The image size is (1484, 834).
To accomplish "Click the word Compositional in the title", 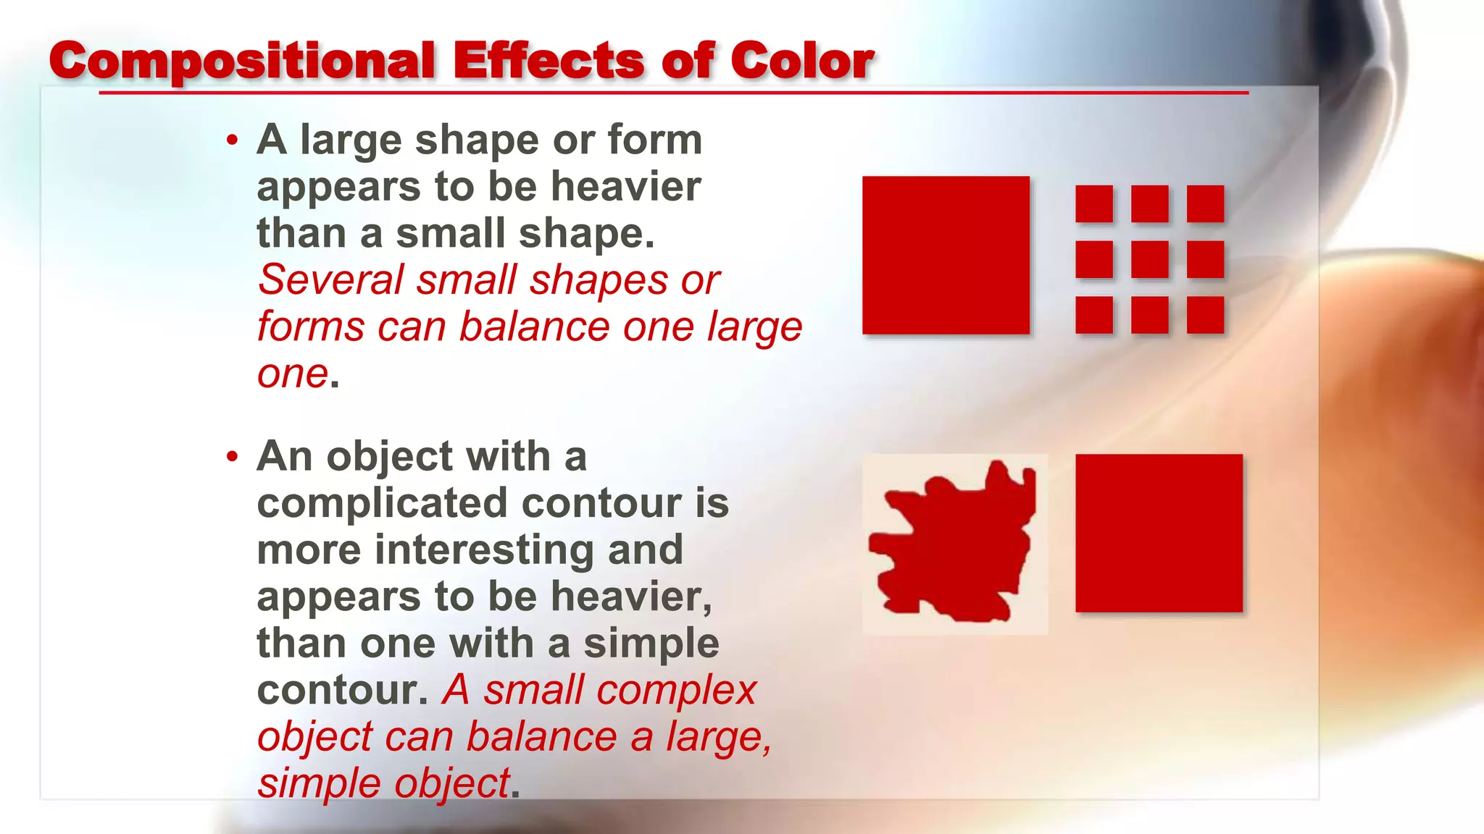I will pyautogui.click(x=241, y=61).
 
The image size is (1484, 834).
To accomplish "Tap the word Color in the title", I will pyautogui.click(x=801, y=61).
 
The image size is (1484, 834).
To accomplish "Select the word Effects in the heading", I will pyautogui.click(x=549, y=61).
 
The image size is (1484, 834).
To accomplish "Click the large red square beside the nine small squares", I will pyautogui.click(x=946, y=255).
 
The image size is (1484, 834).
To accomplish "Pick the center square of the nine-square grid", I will pyautogui.click(x=1149, y=259).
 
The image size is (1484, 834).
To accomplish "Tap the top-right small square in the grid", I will pyautogui.click(x=1205, y=203).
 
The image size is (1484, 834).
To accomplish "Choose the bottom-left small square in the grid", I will pyautogui.click(x=1094, y=315).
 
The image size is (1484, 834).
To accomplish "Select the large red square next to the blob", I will pyautogui.click(x=1159, y=533).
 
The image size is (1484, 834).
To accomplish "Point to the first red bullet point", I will pyautogui.click(x=232, y=140).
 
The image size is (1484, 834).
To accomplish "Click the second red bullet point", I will pyautogui.click(x=232, y=456).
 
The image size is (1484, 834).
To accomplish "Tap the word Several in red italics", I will pyautogui.click(x=330, y=280).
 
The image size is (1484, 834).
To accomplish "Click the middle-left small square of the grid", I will pyautogui.click(x=1094, y=259).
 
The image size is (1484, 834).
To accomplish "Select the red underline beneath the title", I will pyautogui.click(x=673, y=93).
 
